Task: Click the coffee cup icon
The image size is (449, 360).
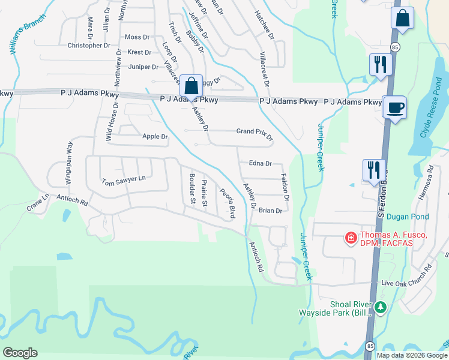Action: click(394, 108)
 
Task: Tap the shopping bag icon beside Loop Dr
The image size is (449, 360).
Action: click(191, 86)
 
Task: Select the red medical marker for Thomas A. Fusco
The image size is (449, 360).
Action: click(350, 239)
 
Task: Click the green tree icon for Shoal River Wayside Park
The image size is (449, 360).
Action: click(380, 308)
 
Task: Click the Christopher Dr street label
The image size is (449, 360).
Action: click(89, 46)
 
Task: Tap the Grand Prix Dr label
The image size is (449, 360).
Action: click(255, 134)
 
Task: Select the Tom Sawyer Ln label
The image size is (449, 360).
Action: click(124, 180)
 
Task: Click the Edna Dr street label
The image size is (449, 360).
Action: click(261, 163)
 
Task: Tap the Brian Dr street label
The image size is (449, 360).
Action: click(270, 211)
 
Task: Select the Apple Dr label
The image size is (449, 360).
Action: click(155, 137)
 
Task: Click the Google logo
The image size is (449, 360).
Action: click(20, 353)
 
